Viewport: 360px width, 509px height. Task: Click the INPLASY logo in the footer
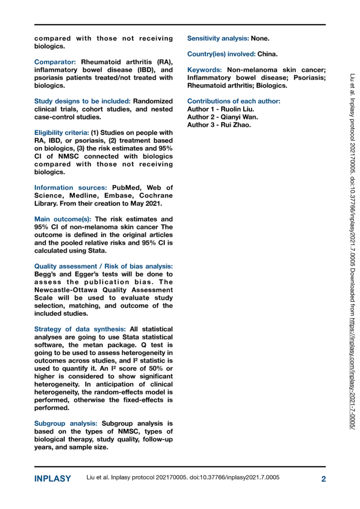coord(52,479)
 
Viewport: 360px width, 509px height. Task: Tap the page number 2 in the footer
coord(323,479)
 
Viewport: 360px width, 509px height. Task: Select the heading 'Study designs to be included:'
coord(82,101)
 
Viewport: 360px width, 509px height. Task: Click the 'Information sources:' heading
coord(64,188)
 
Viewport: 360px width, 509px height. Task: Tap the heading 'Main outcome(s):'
coord(63,219)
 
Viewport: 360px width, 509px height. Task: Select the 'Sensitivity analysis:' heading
coord(218,38)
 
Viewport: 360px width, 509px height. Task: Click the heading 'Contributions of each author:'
coord(233,101)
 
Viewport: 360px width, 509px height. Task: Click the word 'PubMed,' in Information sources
coord(116,188)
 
